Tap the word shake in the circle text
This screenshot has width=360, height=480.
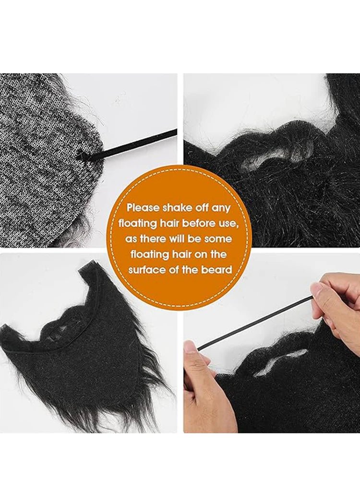178,208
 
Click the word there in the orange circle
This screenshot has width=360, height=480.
153,239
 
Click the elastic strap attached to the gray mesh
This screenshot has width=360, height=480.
130,144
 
